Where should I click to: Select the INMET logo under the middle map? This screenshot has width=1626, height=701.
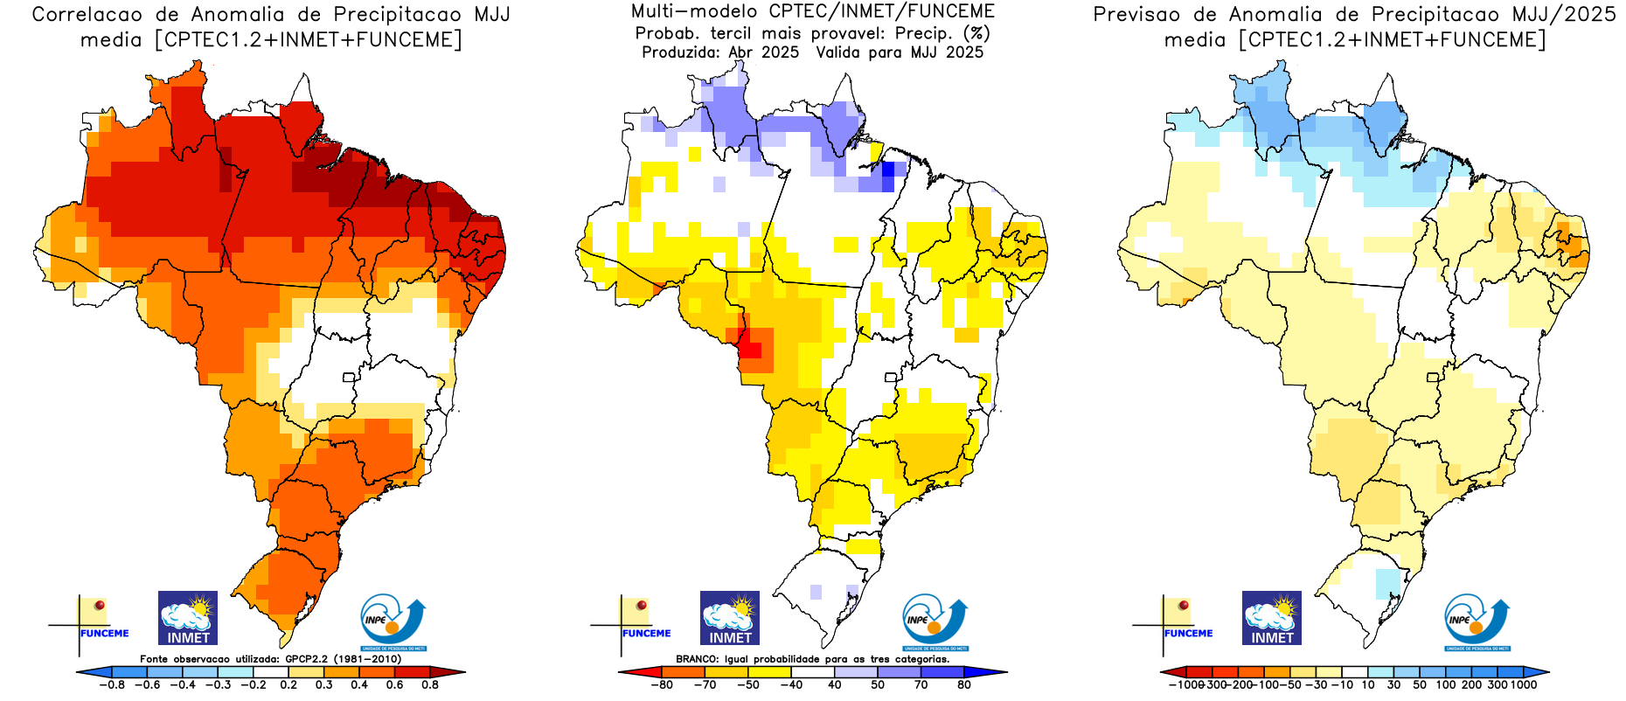[730, 618]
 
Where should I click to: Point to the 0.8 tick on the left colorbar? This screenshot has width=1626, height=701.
[430, 684]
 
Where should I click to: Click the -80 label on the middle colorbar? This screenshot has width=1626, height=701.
[662, 684]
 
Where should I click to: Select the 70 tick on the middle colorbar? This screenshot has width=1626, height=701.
[921, 684]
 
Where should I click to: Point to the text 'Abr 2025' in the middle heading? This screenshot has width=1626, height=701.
[764, 52]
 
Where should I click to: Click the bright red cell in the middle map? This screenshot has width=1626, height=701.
[750, 350]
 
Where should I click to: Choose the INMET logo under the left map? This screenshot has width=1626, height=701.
[188, 618]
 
